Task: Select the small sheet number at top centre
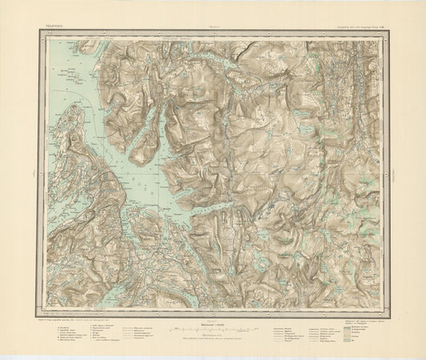click(213, 25)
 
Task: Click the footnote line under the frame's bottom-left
click(80, 319)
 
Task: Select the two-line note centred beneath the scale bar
click(213, 341)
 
